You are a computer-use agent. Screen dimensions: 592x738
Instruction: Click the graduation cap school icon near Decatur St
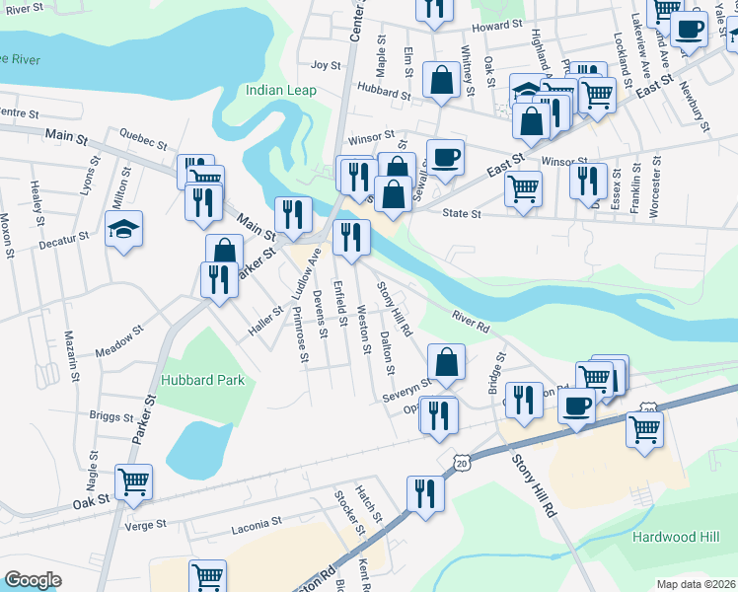tap(123, 230)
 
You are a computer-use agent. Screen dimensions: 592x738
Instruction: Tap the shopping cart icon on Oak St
tap(133, 482)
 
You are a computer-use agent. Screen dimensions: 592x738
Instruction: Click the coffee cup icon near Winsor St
tap(444, 157)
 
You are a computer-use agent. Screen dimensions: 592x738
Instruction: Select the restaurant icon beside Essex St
tap(588, 181)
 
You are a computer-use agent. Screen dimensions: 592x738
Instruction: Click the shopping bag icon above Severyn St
tap(447, 361)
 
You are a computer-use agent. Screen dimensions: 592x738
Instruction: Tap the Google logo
tap(33, 580)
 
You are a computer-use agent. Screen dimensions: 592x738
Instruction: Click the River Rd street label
tap(471, 322)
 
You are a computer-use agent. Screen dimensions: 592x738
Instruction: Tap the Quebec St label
tap(137, 137)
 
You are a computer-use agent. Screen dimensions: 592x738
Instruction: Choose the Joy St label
tap(325, 65)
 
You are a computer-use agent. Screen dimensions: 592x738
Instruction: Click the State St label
tap(461, 213)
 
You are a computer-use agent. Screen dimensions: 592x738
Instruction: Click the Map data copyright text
tap(696, 584)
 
